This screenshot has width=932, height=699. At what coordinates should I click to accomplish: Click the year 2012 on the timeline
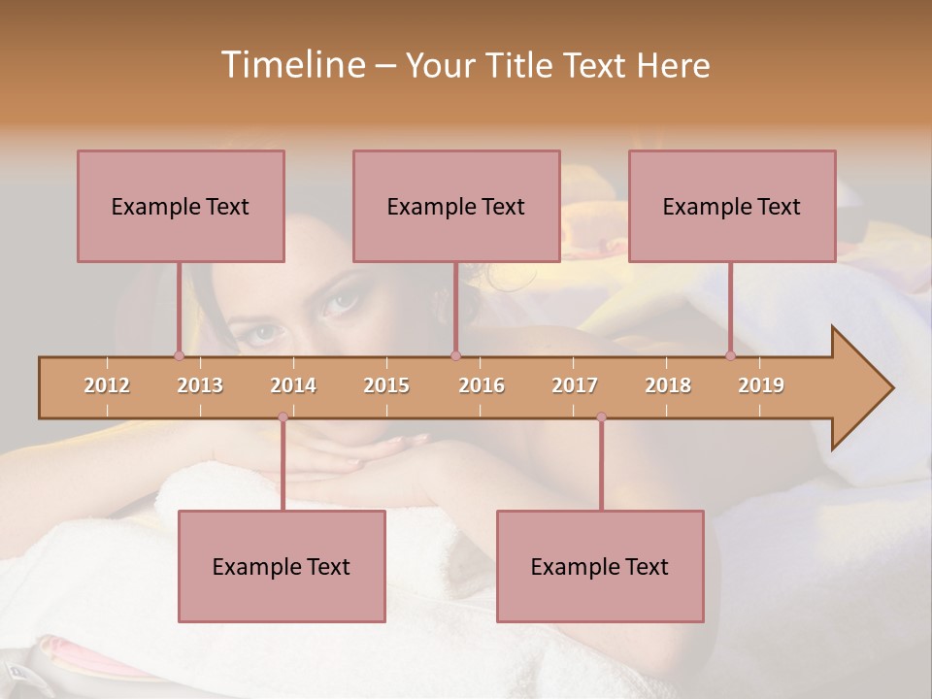(107, 385)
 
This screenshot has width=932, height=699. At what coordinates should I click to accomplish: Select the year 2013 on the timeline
(200, 385)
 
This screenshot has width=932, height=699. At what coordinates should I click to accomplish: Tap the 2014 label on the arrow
(293, 385)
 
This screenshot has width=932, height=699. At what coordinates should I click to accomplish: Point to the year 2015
(386, 385)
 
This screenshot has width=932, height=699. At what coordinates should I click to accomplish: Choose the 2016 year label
(482, 385)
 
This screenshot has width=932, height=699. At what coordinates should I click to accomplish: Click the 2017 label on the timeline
(575, 385)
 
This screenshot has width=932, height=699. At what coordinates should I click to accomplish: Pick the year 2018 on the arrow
(668, 385)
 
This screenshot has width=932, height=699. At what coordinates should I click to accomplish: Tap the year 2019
(761, 385)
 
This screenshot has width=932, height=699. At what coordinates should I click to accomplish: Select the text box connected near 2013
(181, 206)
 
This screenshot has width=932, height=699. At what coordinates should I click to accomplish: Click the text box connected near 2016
(456, 206)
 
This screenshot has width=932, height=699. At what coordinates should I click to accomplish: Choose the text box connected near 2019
(732, 206)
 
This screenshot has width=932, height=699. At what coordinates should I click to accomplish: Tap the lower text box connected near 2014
(282, 566)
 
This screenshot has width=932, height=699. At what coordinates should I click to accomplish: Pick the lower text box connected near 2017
(600, 566)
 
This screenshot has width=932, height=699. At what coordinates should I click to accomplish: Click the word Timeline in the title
(291, 65)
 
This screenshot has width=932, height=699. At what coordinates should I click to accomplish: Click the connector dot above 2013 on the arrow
(179, 356)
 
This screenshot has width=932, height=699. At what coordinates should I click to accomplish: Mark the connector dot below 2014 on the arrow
(283, 417)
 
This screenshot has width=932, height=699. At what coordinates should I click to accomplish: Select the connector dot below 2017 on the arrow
(601, 417)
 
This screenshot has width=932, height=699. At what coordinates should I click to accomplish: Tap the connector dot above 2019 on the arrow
(730, 356)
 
